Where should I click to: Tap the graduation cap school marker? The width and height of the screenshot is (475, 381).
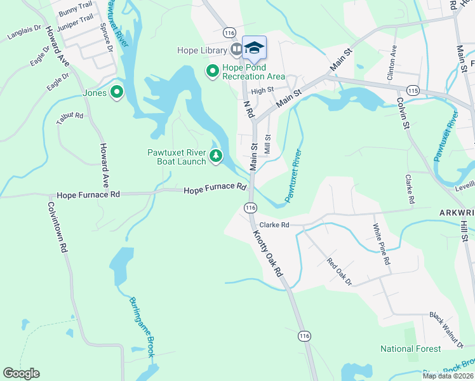(254, 48)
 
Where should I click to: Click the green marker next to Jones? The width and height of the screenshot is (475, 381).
(116, 93)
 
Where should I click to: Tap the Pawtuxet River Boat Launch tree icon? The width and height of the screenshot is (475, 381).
(217, 156)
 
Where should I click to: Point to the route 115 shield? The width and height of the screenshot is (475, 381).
(413, 91)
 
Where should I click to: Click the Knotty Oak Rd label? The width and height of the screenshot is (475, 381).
(269, 253)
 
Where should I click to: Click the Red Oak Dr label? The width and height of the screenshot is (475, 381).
(338, 271)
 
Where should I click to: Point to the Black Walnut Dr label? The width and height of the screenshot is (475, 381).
(446, 329)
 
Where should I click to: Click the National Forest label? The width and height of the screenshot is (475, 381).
(410, 349)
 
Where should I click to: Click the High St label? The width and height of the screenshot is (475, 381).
(262, 91)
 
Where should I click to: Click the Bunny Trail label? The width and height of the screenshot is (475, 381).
(76, 13)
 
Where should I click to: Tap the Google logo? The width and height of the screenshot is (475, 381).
(21, 373)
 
